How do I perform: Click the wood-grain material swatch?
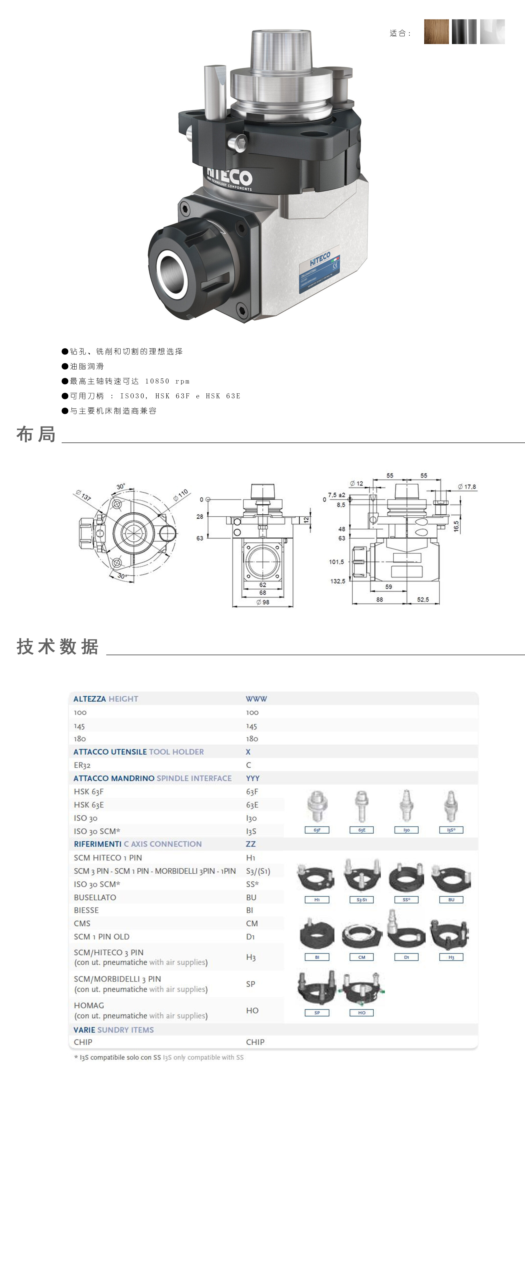pyautogui.click(x=436, y=32)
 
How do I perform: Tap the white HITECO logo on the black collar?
pyautogui.click(x=230, y=177)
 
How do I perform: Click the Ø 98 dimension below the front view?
pyautogui.click(x=262, y=602)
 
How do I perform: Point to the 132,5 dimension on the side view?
pyautogui.click(x=338, y=581)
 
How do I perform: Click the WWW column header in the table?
pyautogui.click(x=256, y=699)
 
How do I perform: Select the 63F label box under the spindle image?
pyautogui.click(x=317, y=830)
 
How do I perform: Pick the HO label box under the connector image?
pyautogui.click(x=362, y=1012)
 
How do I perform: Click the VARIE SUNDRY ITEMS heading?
pyautogui.click(x=114, y=1030)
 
